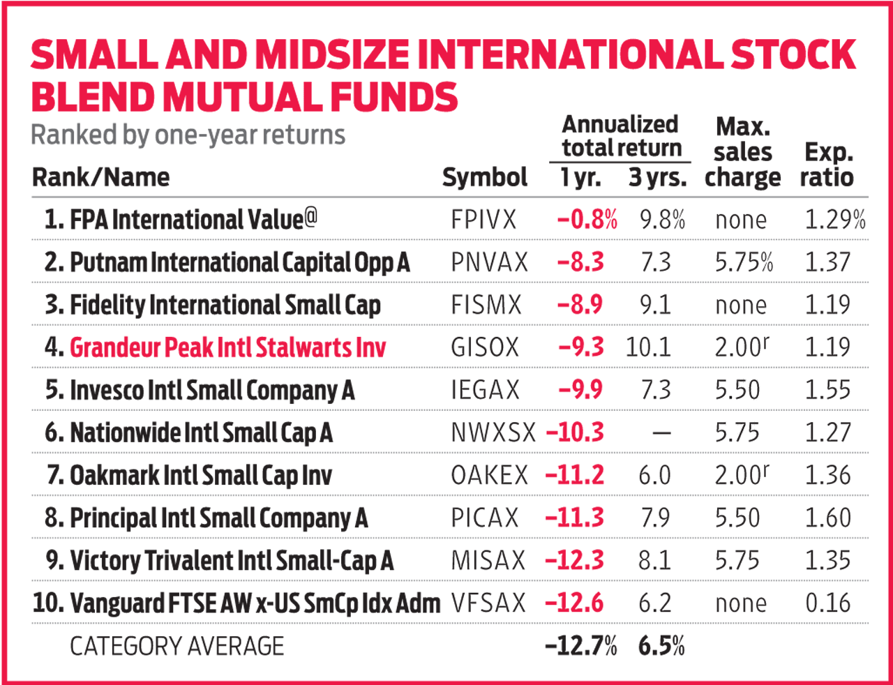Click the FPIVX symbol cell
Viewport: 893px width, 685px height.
coord(483,220)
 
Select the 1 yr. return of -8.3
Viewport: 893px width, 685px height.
coord(580,263)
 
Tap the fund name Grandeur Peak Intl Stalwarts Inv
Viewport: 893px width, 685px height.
coord(227,347)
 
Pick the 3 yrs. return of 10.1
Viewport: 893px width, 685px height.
coord(648,347)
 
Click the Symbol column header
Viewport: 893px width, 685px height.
coord(485,177)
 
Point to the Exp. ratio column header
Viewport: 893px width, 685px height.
coord(827,165)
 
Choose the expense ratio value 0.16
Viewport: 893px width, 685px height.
coord(828,603)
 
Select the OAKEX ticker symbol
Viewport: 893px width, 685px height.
coord(490,476)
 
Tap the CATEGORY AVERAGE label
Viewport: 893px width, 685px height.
coord(177,647)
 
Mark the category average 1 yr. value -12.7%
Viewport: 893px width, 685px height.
coord(581,647)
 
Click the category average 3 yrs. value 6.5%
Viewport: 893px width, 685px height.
coord(661,647)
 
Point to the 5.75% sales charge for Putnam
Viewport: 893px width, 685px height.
coord(744,263)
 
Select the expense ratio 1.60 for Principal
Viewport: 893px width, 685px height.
coord(828,518)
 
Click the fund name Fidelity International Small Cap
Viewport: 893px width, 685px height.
coord(225,306)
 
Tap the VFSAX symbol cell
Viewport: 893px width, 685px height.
coord(488,603)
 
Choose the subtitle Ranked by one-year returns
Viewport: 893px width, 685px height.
coord(188,135)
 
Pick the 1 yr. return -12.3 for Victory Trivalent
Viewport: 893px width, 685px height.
coord(575,561)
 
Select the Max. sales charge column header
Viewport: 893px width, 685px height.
coord(743,152)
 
